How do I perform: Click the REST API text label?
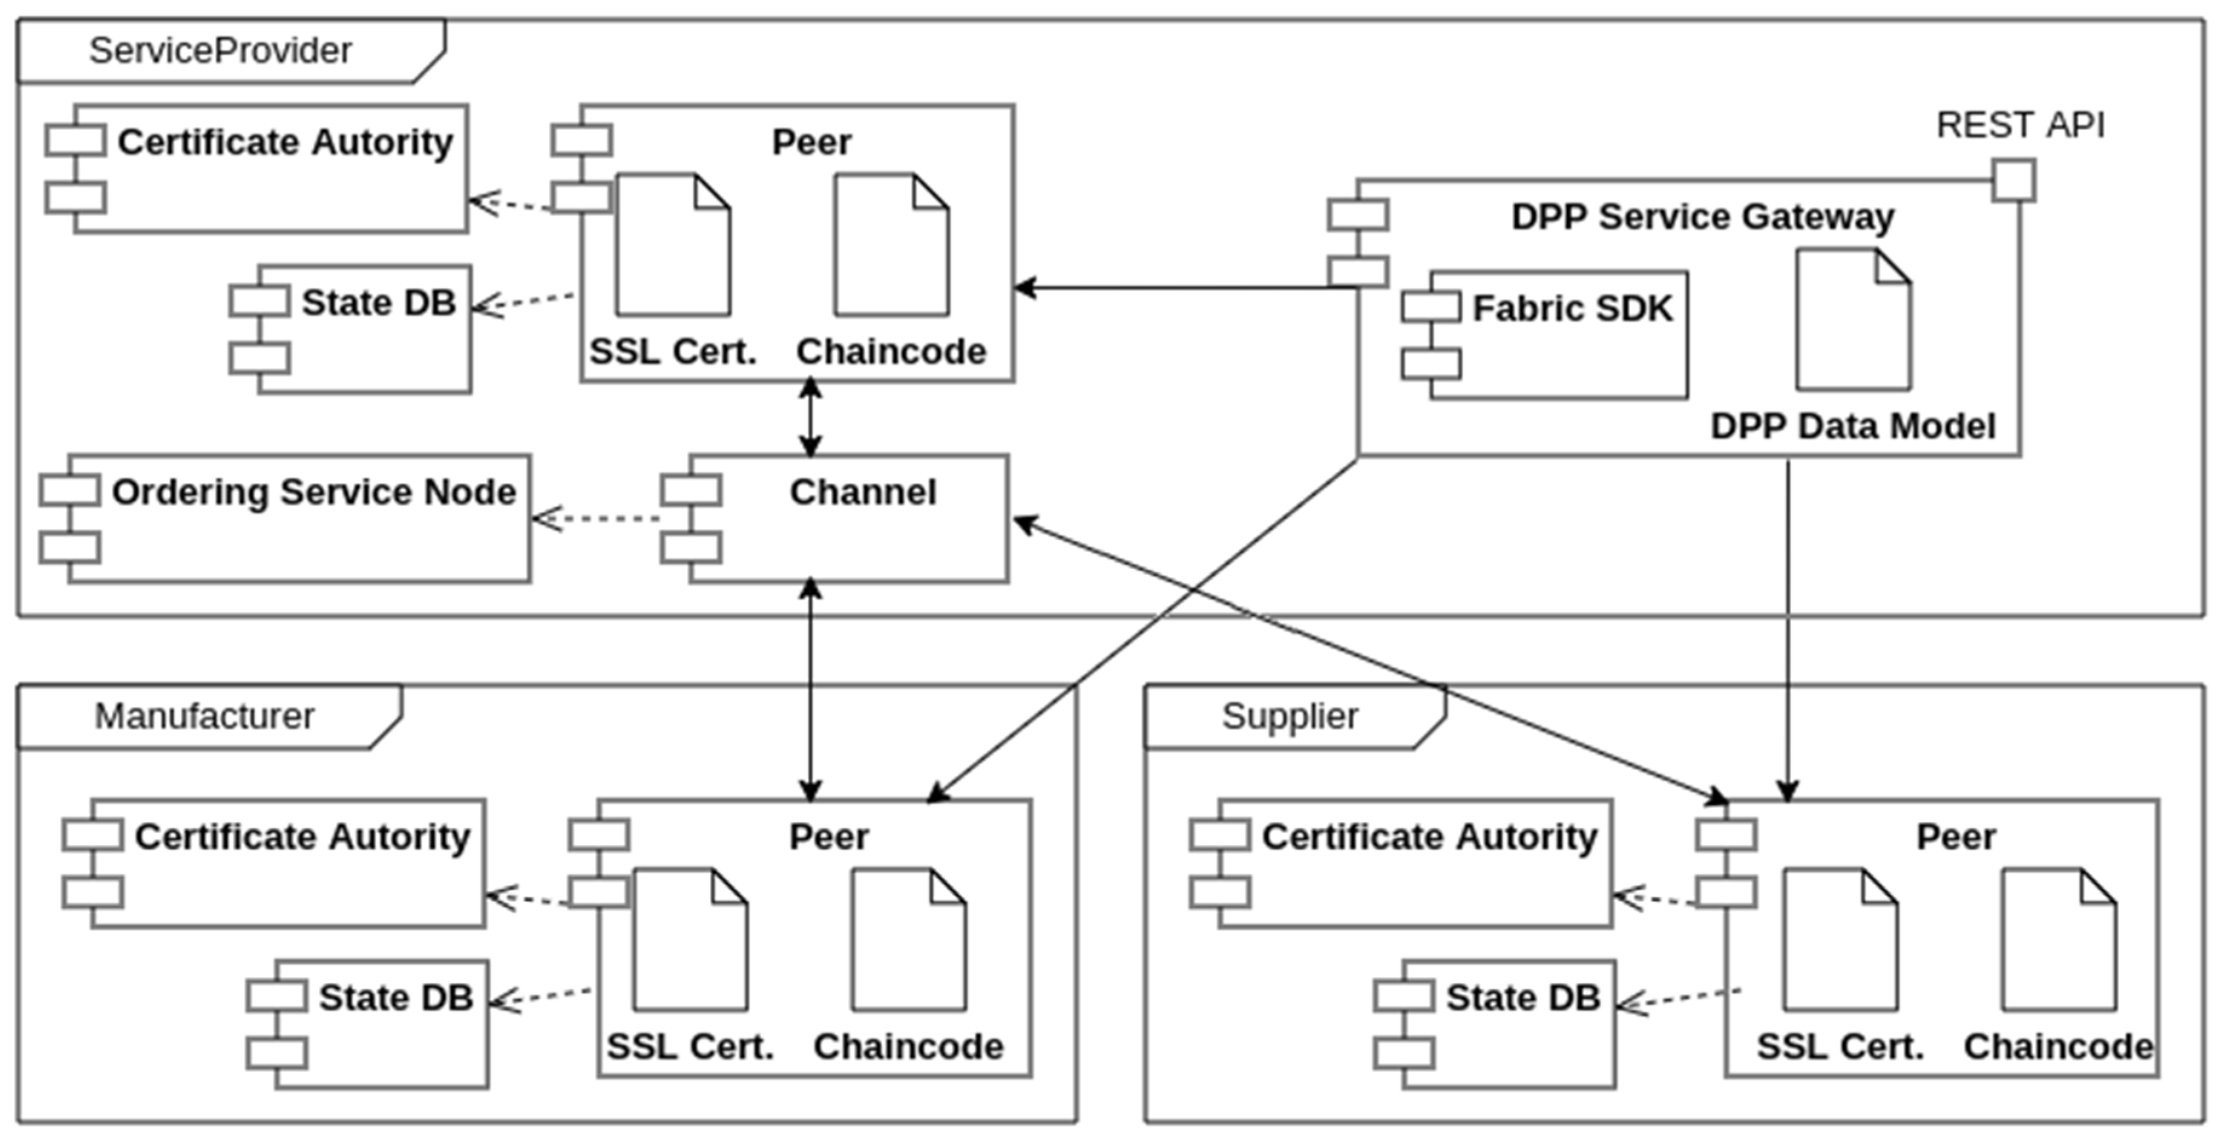2020,125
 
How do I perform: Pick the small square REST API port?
2013,180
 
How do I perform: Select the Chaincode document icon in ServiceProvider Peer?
891,246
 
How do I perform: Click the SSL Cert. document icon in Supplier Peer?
1840,940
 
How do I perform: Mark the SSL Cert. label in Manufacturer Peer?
689,1047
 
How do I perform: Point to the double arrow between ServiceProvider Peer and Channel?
810,418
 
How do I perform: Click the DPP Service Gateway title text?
1702,217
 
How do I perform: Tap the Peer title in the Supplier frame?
1956,837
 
